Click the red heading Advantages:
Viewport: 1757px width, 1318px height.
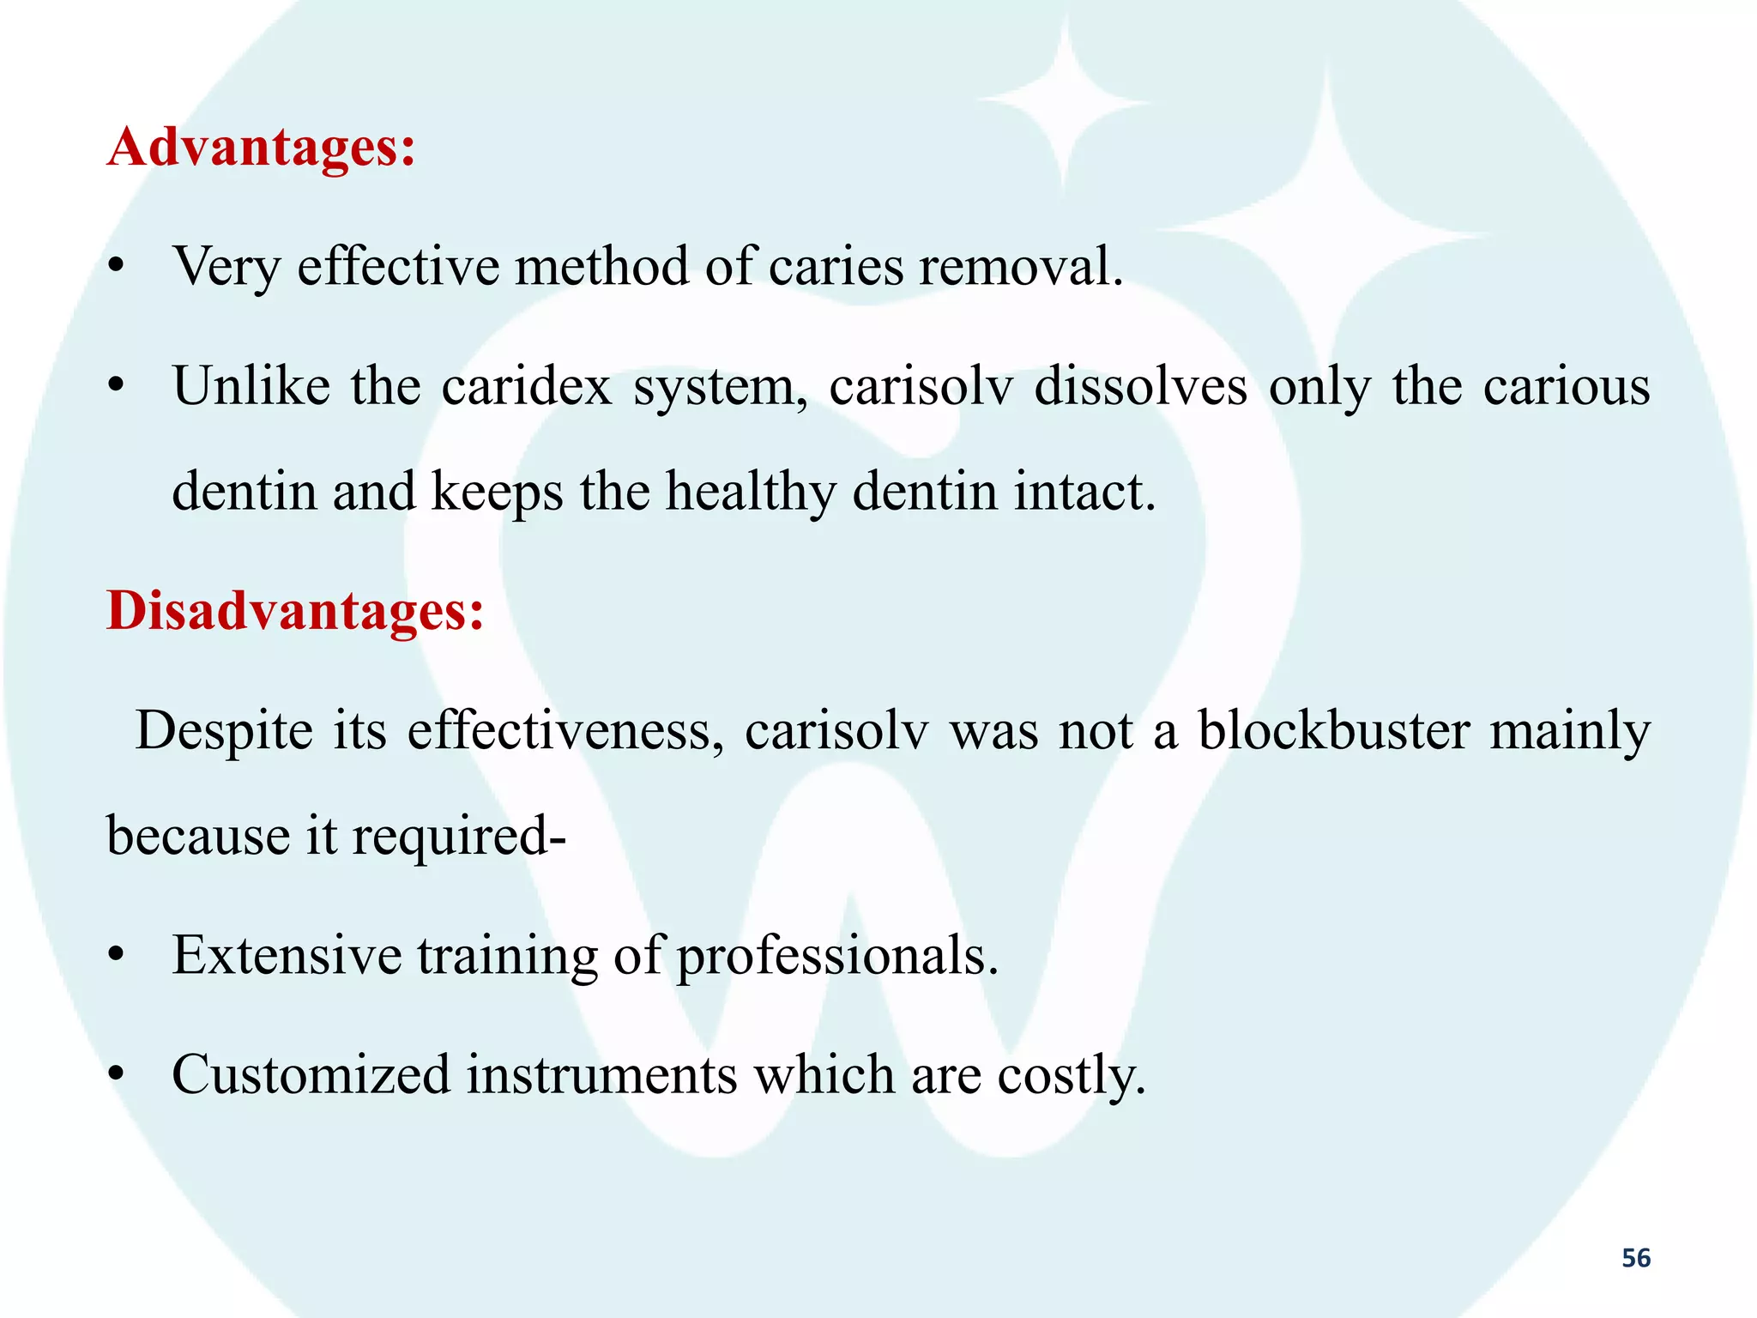pyautogui.click(x=262, y=148)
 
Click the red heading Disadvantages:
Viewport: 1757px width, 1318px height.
pyautogui.click(x=295, y=612)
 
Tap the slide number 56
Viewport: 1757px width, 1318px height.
pyautogui.click(x=1636, y=1258)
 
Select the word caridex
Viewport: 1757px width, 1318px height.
pyautogui.click(x=527, y=386)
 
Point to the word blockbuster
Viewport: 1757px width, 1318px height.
pyautogui.click(x=1334, y=731)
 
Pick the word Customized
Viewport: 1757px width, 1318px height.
pyautogui.click(x=311, y=1074)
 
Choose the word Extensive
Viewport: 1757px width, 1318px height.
pyautogui.click(x=287, y=955)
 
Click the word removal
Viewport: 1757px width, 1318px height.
pyautogui.click(x=1021, y=267)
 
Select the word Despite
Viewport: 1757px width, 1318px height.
pyautogui.click(x=225, y=732)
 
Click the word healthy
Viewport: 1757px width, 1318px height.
pyautogui.click(x=751, y=493)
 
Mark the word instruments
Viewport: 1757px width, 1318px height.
pyautogui.click(x=601, y=1074)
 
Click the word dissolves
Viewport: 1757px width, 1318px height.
pyautogui.click(x=1140, y=386)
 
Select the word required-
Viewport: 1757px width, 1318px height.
pyautogui.click(x=459, y=837)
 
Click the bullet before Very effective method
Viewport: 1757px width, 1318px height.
pyautogui.click(x=118, y=268)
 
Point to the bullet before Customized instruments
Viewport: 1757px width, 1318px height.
pyautogui.click(x=118, y=1075)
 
